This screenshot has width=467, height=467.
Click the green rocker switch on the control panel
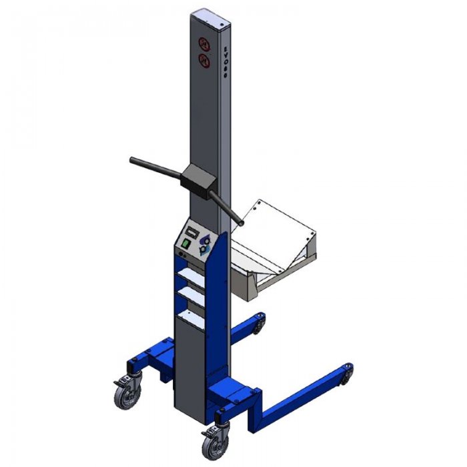pyautogui.click(x=186, y=244)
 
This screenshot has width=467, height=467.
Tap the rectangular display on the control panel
pyautogui.click(x=191, y=230)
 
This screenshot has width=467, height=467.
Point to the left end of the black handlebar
pyautogui.click(x=133, y=160)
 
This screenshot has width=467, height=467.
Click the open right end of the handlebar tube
pyautogui.click(x=240, y=220)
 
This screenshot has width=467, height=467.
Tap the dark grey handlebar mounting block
pyautogui.click(x=197, y=179)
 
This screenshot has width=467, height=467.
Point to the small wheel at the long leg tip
pyautogui.click(x=347, y=376)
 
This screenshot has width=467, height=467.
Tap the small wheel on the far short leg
pyautogui.click(x=258, y=326)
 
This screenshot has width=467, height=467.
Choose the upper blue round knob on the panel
pyautogui.click(x=205, y=240)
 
